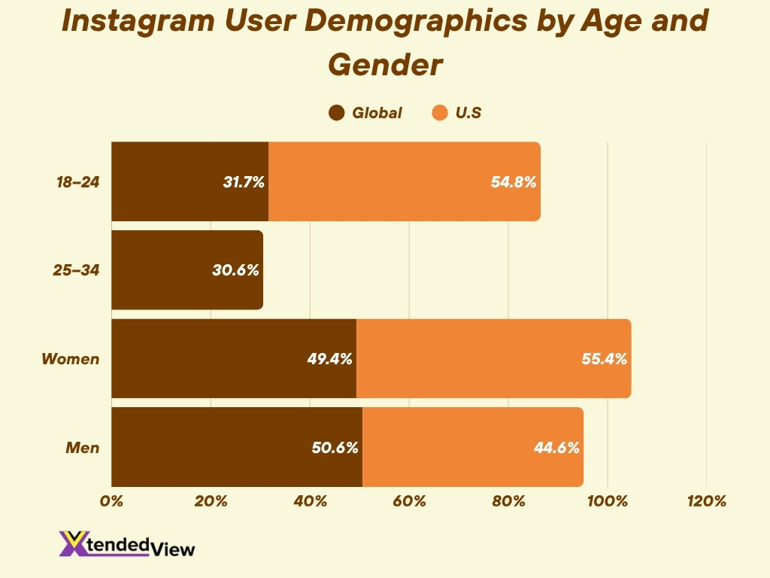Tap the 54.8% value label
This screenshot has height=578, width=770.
point(514,182)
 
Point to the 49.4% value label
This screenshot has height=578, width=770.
point(330,359)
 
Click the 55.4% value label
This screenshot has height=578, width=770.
point(605,359)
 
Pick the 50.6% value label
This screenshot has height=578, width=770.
point(335,448)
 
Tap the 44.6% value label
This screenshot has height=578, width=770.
point(556,448)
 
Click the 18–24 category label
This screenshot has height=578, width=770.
point(77,182)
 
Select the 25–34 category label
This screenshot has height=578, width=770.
point(77,270)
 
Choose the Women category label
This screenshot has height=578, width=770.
point(70,359)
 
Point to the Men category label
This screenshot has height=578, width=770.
point(83,448)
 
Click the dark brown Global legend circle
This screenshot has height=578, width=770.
point(337,114)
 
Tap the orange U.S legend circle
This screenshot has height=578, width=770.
point(440,114)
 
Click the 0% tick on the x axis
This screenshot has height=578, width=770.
point(111,501)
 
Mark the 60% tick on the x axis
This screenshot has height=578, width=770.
point(410,501)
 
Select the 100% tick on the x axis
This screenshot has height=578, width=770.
point(608,501)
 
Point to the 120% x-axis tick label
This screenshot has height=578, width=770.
point(707,501)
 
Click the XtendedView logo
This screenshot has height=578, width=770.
point(126,544)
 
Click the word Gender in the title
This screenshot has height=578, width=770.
point(384,65)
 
